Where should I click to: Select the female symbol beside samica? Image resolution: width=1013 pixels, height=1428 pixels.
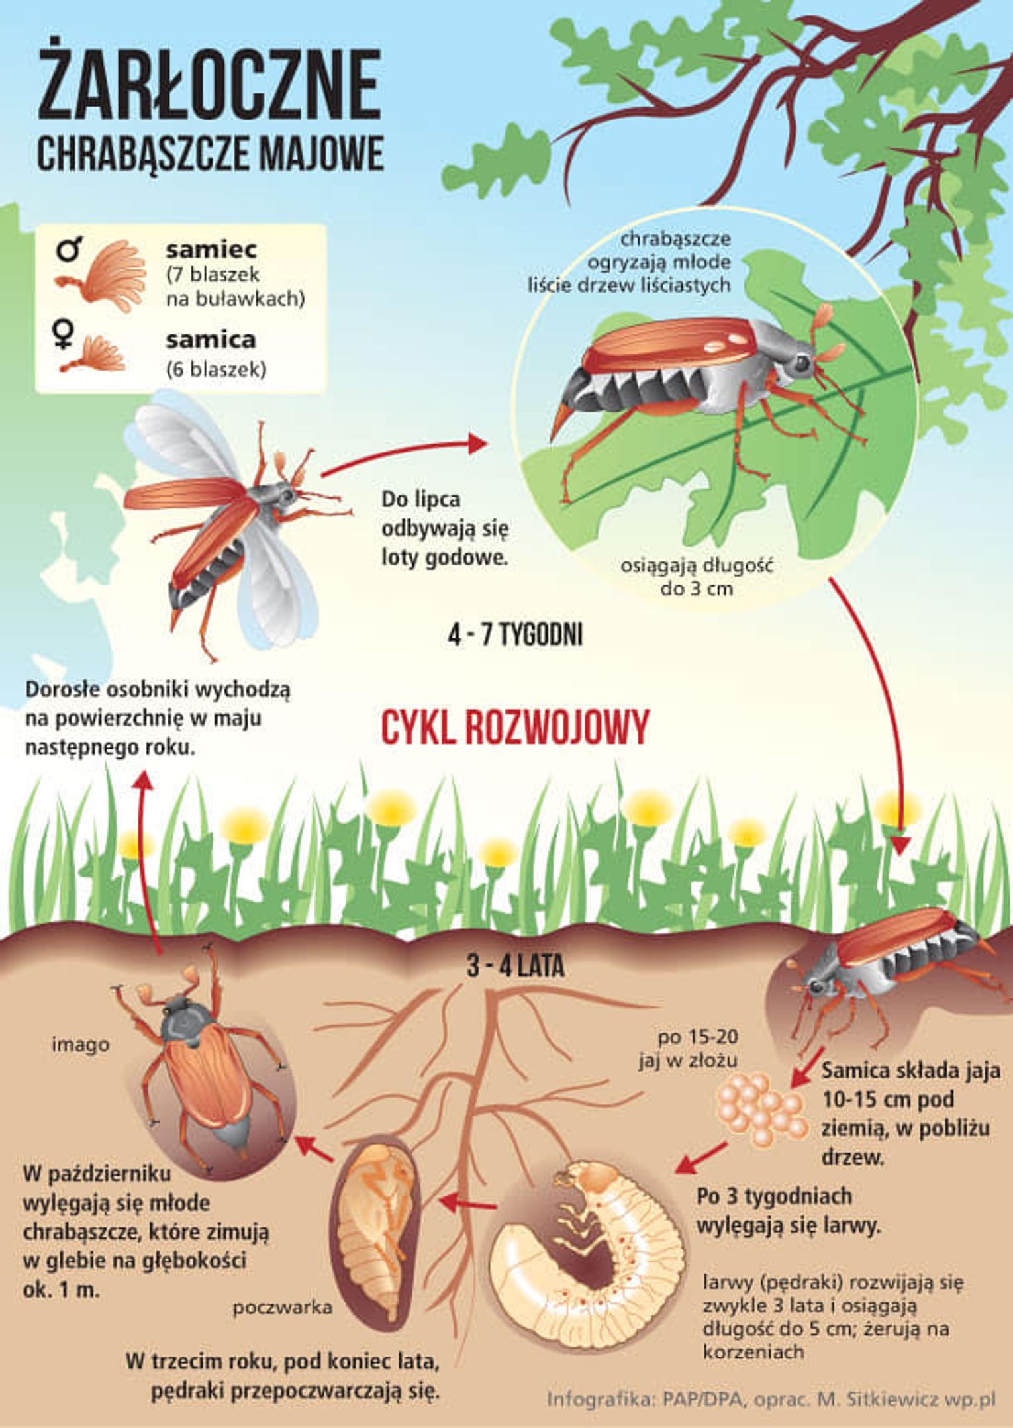click(x=64, y=334)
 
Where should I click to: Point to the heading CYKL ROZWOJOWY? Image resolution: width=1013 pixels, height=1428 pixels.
click(x=514, y=728)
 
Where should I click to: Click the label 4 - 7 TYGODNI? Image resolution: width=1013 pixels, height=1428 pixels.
click(x=515, y=636)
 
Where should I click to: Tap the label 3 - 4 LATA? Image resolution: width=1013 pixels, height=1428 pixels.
click(x=516, y=967)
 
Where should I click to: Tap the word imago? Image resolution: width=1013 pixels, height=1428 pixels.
click(x=81, y=1044)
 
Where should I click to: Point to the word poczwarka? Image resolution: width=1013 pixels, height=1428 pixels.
click(x=283, y=1307)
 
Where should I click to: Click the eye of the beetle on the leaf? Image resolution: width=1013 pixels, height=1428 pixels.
click(x=802, y=362)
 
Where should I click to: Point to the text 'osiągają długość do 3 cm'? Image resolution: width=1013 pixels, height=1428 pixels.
click(x=697, y=576)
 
